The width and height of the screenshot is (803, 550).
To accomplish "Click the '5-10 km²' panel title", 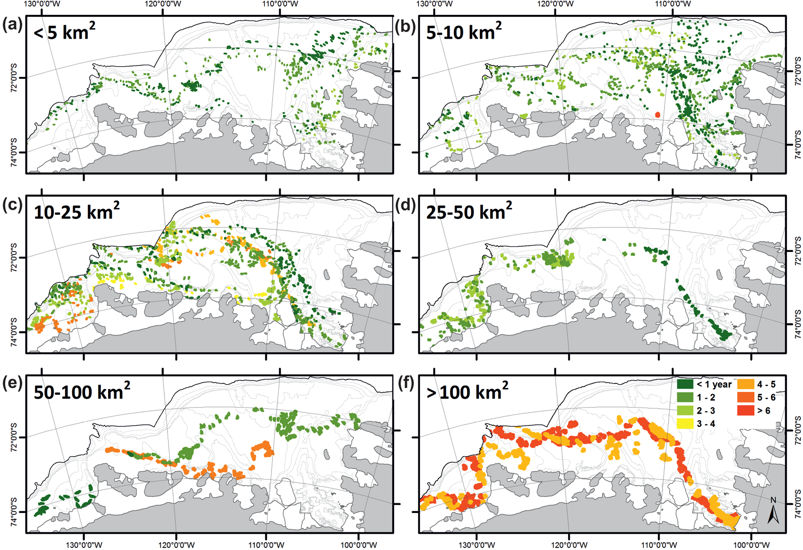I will pos(464,31).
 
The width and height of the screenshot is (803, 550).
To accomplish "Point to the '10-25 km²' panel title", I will pos(76,211).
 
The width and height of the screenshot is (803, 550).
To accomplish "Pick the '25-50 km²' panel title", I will pos(469,211).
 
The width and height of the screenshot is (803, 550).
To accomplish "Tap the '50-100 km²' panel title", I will pos(82,391).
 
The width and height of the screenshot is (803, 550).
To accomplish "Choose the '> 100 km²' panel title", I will pos(467,391).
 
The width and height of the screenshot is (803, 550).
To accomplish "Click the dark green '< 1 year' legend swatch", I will pos(685,384).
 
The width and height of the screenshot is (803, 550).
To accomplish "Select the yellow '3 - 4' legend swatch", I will pos(685,424).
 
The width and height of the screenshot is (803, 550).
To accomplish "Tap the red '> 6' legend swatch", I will pos(745,411).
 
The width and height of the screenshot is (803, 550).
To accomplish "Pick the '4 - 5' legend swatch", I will pos(745,384).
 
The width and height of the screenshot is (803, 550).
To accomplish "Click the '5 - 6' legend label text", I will pos(766,397).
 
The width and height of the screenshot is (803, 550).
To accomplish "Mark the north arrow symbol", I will pos(773,511).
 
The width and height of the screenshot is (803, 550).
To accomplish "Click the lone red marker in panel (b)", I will pos(658,114).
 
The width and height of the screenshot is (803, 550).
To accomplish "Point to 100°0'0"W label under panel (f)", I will pos(751,545).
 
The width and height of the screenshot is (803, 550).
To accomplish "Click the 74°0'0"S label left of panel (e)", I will pos(14,511).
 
